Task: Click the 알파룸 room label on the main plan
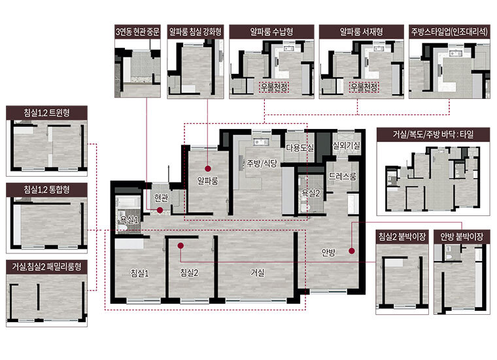[207, 181]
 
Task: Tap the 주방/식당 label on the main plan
[262, 164]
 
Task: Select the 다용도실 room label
[300, 147]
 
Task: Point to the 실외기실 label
[346, 145]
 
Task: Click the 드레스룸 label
[342, 176]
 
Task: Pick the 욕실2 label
[311, 193]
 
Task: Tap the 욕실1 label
[129, 220]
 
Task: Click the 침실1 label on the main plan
[140, 273]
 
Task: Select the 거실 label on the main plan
[258, 272]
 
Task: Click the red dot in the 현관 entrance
[160, 210]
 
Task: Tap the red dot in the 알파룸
[207, 168]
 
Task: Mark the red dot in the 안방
[352, 251]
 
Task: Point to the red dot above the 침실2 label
[180, 245]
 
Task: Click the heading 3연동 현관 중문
[137, 31]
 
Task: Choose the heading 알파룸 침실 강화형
[196, 31]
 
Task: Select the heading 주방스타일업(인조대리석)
[449, 31]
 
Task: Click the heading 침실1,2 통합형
[46, 190]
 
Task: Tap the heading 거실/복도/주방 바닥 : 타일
[433, 134]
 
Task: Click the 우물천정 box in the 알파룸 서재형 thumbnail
[364, 87]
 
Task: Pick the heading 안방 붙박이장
[462, 236]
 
